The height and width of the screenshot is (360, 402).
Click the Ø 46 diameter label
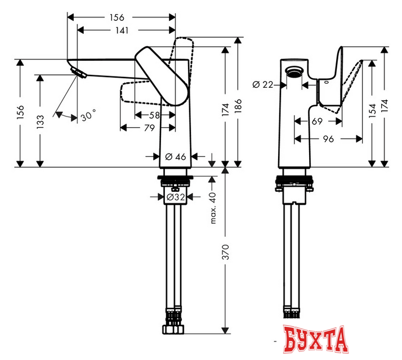tap(176, 156)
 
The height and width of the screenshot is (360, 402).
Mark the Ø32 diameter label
tap(176, 197)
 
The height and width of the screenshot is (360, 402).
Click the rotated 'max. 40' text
tap(213, 208)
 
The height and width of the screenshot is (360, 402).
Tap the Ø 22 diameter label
tap(263, 84)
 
